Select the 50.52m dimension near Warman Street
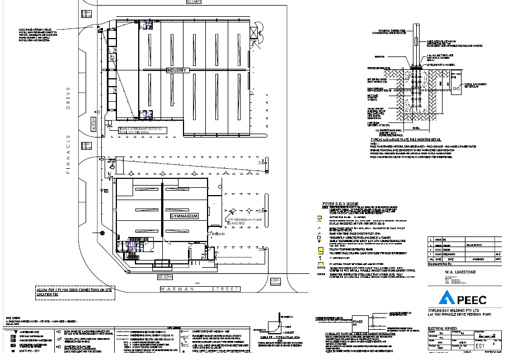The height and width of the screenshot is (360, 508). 165,276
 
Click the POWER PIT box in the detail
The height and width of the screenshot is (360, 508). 359,324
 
